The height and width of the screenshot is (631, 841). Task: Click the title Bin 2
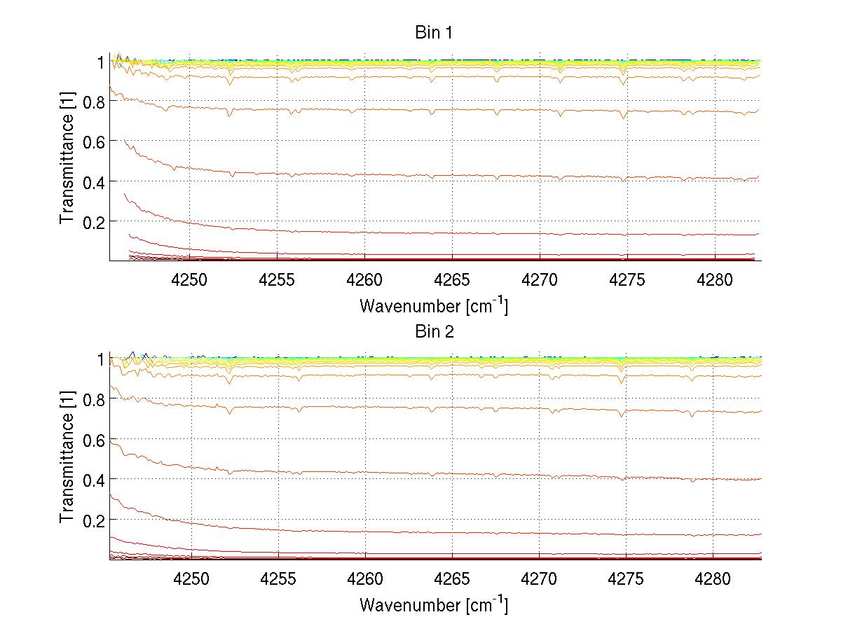pyautogui.click(x=435, y=331)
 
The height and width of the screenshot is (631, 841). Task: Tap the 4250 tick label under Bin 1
pyautogui.click(x=191, y=279)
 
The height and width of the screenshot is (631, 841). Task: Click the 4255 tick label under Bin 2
pyautogui.click(x=278, y=578)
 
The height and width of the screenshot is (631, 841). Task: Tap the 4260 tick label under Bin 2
pyautogui.click(x=365, y=578)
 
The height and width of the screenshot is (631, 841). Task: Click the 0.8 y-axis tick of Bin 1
pyautogui.click(x=93, y=102)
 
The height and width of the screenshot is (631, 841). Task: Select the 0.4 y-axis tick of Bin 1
pyautogui.click(x=93, y=181)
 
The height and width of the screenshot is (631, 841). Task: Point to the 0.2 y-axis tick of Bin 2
pyautogui.click(x=93, y=520)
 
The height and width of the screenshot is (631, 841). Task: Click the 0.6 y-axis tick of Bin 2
pyautogui.click(x=93, y=439)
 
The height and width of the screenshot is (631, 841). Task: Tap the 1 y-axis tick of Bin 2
pyautogui.click(x=100, y=359)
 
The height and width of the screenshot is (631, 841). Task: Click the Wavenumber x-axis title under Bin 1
pyautogui.click(x=434, y=305)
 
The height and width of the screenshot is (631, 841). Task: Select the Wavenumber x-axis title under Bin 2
pyautogui.click(x=434, y=604)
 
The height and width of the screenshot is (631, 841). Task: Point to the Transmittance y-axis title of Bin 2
pyautogui.click(x=67, y=459)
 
